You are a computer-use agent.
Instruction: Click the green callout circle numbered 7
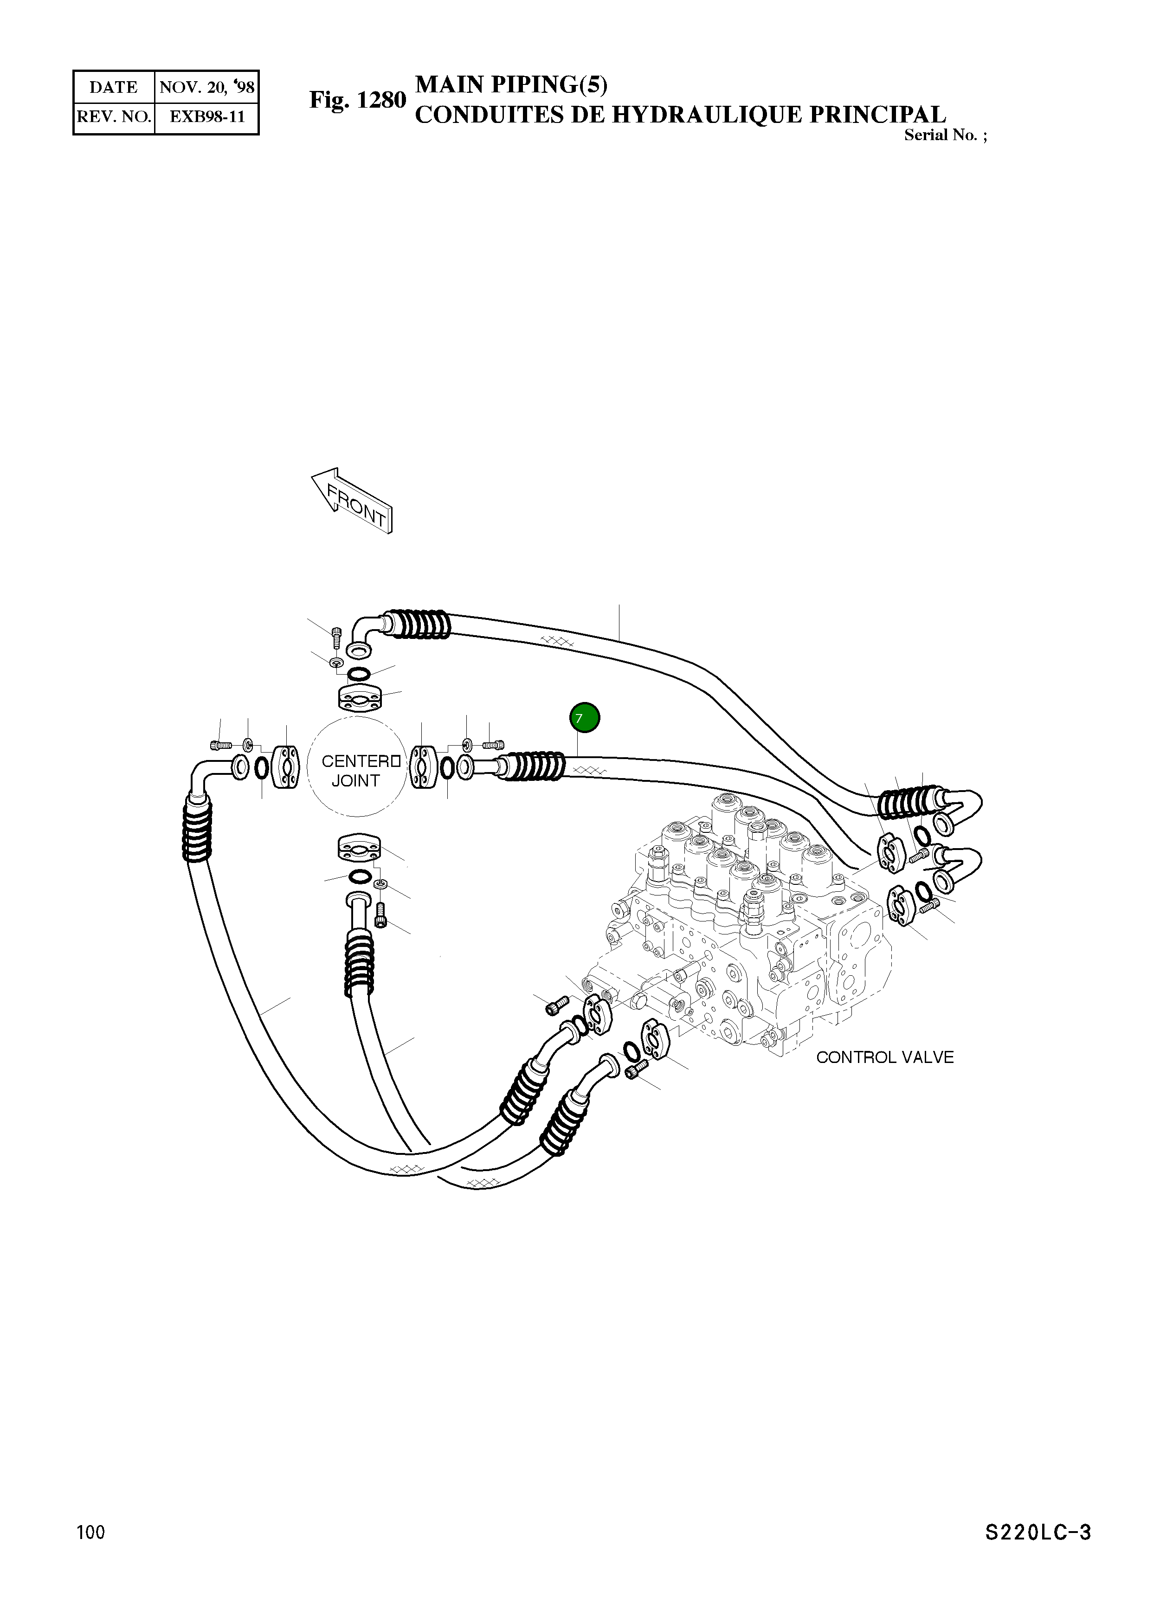(x=584, y=718)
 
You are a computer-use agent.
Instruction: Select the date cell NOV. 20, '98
(x=206, y=87)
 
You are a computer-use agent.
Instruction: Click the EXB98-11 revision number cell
(x=206, y=117)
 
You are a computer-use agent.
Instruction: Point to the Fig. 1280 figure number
(x=357, y=100)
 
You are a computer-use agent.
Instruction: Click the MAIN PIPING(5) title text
(x=511, y=84)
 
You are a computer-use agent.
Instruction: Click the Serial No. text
(x=944, y=135)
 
